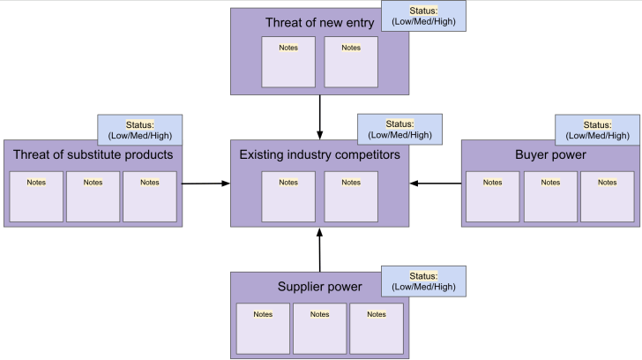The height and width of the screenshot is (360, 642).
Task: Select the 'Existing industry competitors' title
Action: pos(319,155)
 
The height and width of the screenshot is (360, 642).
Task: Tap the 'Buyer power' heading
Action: pos(550,155)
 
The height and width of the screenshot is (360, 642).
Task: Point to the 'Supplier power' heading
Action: pos(319,287)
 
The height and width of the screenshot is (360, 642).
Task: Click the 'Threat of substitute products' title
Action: pos(93,155)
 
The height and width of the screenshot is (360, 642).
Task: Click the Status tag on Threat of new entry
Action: pos(423,16)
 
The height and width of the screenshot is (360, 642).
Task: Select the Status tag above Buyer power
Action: pos(597,130)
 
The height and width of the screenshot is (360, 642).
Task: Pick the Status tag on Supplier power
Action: pos(423,281)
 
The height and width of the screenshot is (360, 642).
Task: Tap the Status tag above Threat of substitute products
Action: pos(139,130)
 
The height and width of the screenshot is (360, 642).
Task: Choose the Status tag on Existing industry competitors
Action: pos(399,130)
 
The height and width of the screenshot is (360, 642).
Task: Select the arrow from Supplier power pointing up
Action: pos(320,250)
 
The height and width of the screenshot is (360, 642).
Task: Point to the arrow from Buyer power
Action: pos(436,184)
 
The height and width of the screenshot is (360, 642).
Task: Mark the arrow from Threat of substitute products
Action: pos(206,184)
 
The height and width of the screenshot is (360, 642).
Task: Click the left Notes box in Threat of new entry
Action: pos(288,63)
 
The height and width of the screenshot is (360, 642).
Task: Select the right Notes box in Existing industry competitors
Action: pos(351,196)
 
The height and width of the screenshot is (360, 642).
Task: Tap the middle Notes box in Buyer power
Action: pos(550,196)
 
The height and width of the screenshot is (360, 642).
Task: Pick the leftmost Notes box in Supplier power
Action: pos(263,328)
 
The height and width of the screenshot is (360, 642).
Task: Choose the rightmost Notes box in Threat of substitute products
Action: pos(150,196)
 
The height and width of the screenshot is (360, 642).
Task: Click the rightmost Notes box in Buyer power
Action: pos(607,196)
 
